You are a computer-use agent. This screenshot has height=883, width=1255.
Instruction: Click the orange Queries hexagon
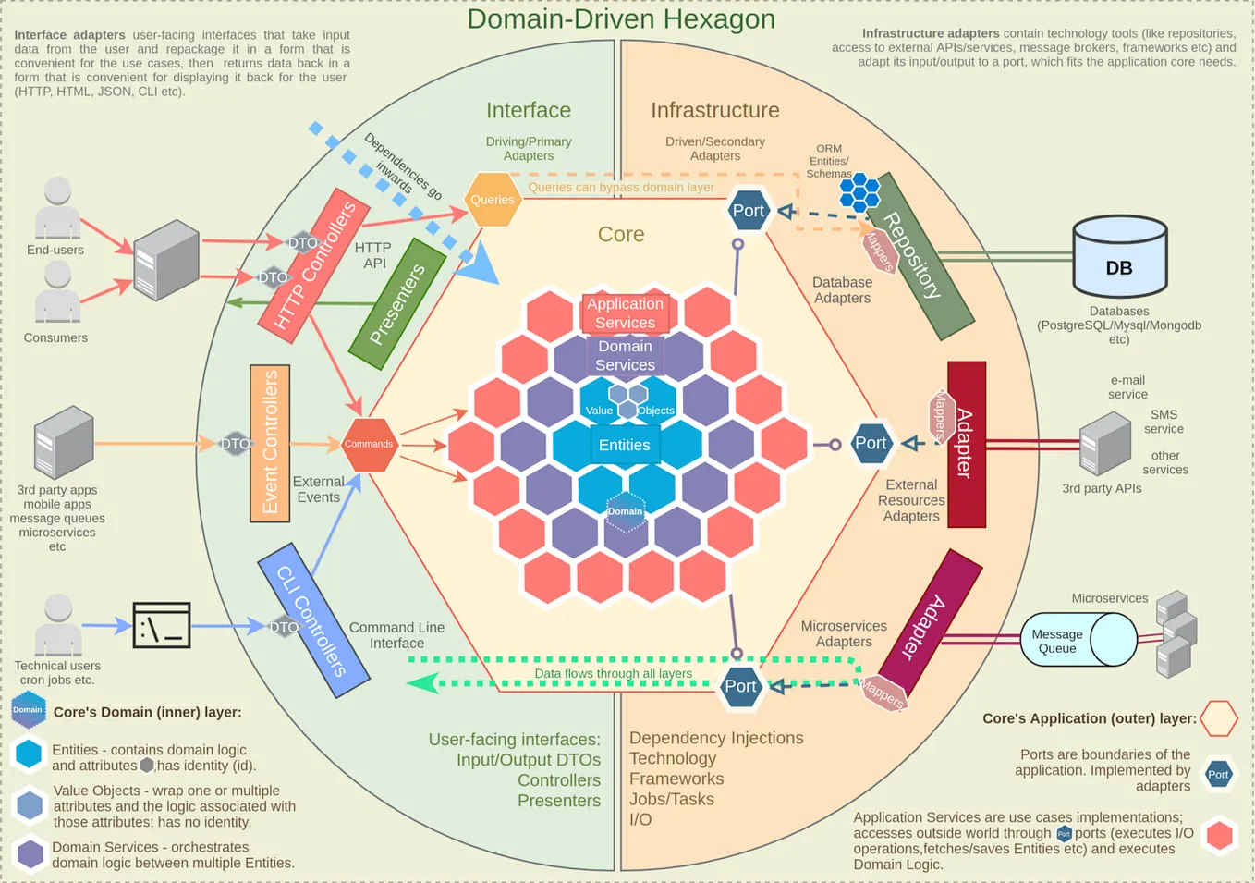pos(493,200)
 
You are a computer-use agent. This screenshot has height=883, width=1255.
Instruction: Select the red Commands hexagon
pos(369,444)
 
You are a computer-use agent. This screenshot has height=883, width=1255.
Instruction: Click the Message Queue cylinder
pos(1077,640)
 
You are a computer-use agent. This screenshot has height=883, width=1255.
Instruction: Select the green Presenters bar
pos(398,303)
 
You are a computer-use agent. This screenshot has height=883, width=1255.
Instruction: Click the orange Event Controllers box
pos(270,443)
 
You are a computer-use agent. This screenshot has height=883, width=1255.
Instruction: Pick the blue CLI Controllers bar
pos(313,619)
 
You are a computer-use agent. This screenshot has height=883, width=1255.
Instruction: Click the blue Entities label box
pos(625,445)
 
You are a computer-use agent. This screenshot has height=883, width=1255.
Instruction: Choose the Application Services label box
pos(625,313)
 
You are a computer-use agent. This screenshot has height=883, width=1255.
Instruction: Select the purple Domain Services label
pos(625,356)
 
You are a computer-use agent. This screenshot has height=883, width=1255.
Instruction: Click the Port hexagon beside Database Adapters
pos(748,211)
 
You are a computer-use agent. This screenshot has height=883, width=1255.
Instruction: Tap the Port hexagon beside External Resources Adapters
pos(871,444)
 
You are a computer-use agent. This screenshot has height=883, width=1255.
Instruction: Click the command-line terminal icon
pos(162,626)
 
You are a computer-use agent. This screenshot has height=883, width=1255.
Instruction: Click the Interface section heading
pos(529,110)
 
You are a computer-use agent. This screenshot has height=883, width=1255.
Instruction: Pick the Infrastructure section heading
pos(715,110)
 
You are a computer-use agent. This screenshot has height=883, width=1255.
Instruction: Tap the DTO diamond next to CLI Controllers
pos(284,627)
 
